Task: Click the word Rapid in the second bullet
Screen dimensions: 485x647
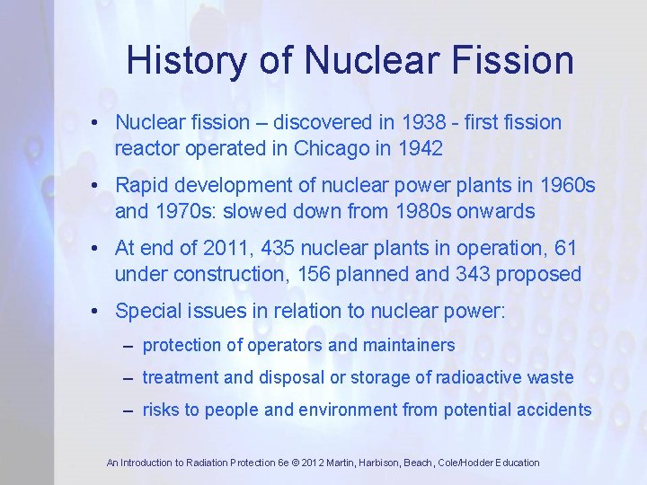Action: coord(141,185)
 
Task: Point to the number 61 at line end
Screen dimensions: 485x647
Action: coord(566,248)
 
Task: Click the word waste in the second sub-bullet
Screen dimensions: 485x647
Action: coord(550,378)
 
